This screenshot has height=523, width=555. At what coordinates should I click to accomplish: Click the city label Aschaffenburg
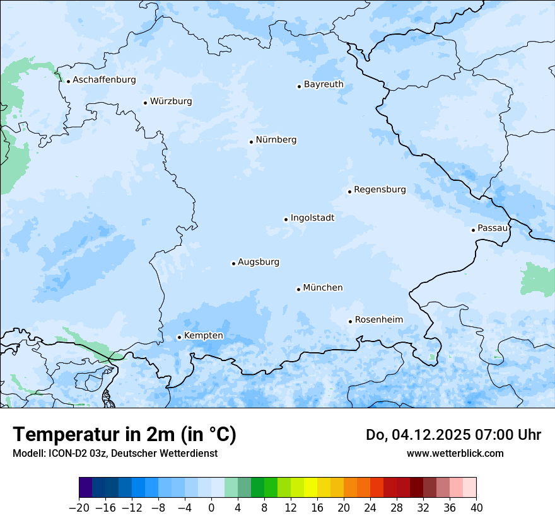coord(104,80)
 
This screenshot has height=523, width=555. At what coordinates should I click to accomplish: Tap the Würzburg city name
coord(171,101)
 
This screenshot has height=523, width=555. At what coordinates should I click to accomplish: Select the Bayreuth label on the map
coord(324,84)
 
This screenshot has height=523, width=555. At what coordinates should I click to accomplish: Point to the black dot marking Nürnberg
coord(251,142)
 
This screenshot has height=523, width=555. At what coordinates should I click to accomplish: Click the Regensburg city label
coord(380,190)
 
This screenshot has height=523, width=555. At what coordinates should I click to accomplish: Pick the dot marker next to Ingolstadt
coord(286,220)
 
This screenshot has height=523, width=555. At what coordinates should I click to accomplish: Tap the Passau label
coord(493,228)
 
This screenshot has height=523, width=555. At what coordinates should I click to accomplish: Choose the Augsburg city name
coord(259,262)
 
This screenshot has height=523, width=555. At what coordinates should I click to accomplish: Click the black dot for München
coord(298,289)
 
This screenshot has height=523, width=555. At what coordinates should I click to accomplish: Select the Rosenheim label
coord(378,320)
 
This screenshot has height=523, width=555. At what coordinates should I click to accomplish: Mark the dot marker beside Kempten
coord(179,337)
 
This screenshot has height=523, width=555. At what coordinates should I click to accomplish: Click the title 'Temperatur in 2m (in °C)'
coord(124,435)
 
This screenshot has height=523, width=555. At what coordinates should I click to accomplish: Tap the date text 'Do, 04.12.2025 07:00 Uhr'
coord(453,435)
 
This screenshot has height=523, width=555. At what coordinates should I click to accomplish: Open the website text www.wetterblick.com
coord(455,453)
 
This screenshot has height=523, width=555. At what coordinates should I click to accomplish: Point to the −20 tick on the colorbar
coord(79,508)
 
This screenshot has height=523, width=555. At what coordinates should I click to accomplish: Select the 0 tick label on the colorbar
coord(211,508)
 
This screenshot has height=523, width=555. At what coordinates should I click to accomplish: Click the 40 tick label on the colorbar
coord(476,508)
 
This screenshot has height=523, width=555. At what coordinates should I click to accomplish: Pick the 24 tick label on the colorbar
coord(370,508)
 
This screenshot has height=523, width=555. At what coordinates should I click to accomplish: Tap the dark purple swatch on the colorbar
coord(86,488)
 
